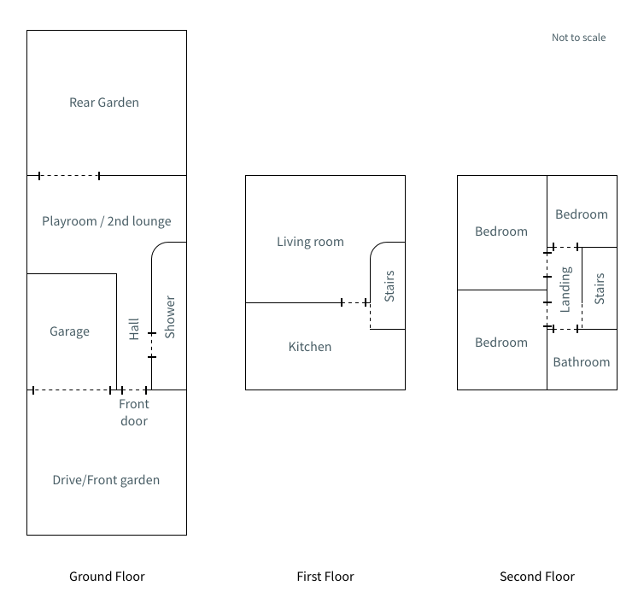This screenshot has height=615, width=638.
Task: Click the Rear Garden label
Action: pyautogui.click(x=104, y=102)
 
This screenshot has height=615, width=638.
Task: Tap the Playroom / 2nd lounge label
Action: pyautogui.click(x=107, y=221)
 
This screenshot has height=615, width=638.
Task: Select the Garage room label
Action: pyautogui.click(x=69, y=331)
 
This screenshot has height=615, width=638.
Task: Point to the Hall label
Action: pyautogui.click(x=134, y=329)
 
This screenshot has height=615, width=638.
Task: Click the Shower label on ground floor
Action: pyautogui.click(x=169, y=317)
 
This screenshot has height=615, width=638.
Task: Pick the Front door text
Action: pyautogui.click(x=133, y=413)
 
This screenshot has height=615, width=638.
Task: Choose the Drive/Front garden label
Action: pyautogui.click(x=106, y=480)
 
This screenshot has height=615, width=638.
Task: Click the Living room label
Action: pyautogui.click(x=310, y=242)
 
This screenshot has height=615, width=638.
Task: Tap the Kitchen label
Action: pyautogui.click(x=309, y=347)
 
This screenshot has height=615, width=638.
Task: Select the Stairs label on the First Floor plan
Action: pyautogui.click(x=389, y=286)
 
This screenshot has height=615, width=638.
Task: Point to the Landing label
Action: pyautogui.click(x=565, y=289)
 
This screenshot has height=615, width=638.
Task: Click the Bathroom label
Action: pyautogui.click(x=582, y=362)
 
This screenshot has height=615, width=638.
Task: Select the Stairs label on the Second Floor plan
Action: pyautogui.click(x=599, y=289)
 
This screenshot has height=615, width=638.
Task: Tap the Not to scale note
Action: pyautogui.click(x=578, y=38)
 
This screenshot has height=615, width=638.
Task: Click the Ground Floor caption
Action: pyautogui.click(x=107, y=577)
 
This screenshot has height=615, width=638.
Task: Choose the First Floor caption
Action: pyautogui.click(x=325, y=577)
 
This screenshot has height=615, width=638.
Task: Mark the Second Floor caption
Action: pyautogui.click(x=537, y=577)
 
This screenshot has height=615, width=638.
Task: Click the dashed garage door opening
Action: pyautogui.click(x=72, y=390)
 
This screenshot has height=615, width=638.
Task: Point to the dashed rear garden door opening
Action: pyautogui.click(x=69, y=176)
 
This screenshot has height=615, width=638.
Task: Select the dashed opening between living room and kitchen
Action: pyautogui.click(x=354, y=302)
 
